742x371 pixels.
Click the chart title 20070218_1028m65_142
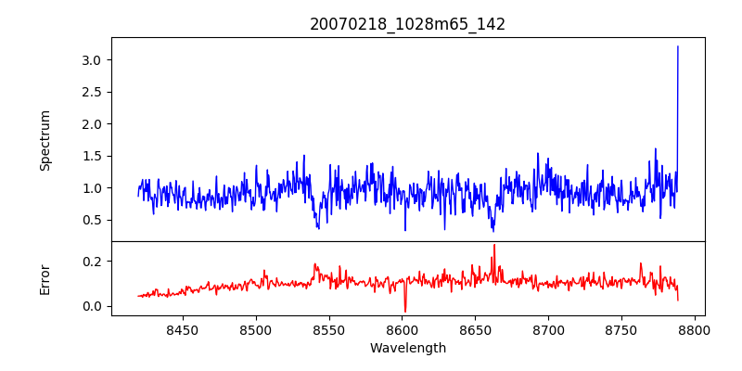pyautogui.click(x=407, y=24)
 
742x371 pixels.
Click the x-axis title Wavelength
pyautogui.click(x=407, y=348)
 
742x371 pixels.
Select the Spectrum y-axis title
pyautogui.click(x=45, y=140)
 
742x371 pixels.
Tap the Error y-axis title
pyautogui.click(x=45, y=279)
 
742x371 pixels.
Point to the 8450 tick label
pyautogui.click(x=182, y=329)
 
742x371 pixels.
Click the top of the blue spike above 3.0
pyautogui.click(x=678, y=46)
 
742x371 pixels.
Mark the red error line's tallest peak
pyautogui.click(x=494, y=245)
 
